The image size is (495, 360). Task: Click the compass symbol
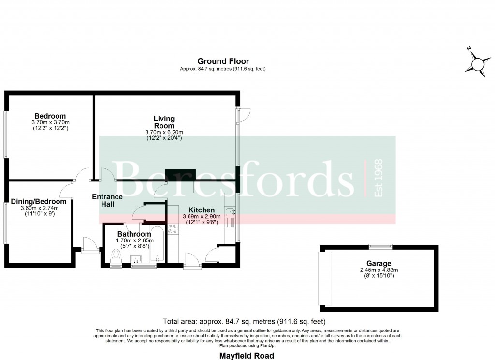tap(479, 63)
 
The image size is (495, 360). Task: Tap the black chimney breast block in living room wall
tap(180, 175)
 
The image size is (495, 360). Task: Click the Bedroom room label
tap(50, 116)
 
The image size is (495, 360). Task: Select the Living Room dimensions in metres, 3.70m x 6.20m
tap(164, 132)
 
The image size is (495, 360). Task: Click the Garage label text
tap(379, 264)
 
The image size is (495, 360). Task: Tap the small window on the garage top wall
tap(379, 246)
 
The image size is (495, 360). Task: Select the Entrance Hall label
tap(108, 201)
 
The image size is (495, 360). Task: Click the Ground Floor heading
tap(223, 61)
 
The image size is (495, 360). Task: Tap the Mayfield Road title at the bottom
tap(247, 356)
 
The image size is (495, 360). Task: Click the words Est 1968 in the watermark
tap(379, 178)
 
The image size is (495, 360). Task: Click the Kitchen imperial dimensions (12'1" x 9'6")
tap(201, 223)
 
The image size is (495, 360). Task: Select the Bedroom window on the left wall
tap(6, 134)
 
